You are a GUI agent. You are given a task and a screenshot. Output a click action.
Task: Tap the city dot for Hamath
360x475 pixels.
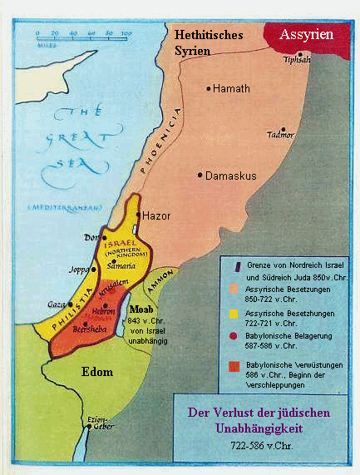pos(209,87)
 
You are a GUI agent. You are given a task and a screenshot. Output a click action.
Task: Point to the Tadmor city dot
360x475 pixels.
pos(284,130)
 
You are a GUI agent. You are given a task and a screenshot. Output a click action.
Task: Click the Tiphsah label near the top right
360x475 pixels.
pos(296,60)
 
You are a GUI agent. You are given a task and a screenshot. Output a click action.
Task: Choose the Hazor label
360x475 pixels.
pos(156,215)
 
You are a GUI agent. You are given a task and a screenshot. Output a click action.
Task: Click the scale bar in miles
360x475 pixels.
pos(83,38)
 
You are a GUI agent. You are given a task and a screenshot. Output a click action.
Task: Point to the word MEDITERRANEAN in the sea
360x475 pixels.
pos(59,205)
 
